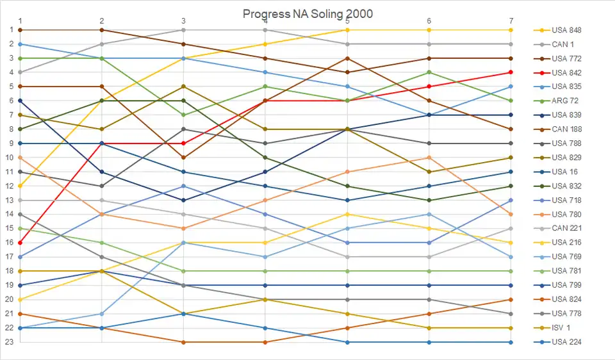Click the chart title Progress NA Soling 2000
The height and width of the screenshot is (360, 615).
pos(307,13)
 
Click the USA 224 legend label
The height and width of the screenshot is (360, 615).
pos(566,342)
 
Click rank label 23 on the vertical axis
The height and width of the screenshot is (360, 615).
pos(10,342)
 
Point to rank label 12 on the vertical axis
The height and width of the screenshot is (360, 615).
pos(10,186)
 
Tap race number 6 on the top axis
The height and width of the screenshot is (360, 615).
pos(429,20)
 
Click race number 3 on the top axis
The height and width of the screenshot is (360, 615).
pos(184,20)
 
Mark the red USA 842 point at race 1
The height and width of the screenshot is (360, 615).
pos(20,243)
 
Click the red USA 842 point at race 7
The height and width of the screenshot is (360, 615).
pos(511,72)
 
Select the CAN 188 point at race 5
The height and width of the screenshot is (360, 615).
pos(347,58)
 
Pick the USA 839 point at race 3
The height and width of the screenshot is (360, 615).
pos(184,200)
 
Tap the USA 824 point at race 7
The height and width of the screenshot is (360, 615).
pos(511,299)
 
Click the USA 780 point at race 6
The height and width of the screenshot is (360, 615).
pos(429,158)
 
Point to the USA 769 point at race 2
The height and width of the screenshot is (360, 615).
pos(102,313)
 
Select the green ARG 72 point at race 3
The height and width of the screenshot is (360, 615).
pos(184,115)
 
